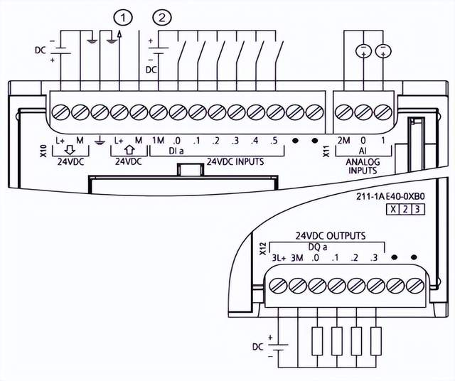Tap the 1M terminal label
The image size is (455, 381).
[x=158, y=140]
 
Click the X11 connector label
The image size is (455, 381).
[x=326, y=151]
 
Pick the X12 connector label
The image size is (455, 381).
[x=262, y=248]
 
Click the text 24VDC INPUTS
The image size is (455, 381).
[x=235, y=161]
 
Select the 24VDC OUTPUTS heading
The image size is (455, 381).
[x=331, y=235]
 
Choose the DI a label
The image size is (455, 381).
[x=176, y=151]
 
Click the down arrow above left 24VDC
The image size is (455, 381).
[x=70, y=151]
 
